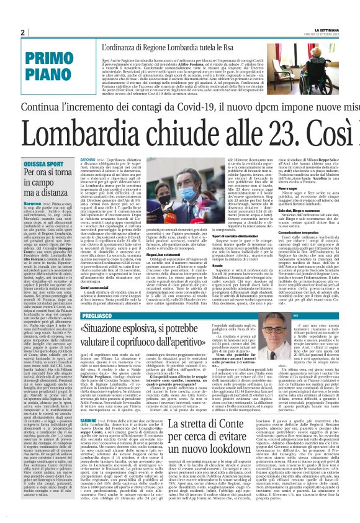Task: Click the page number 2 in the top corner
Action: coord(22,32)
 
